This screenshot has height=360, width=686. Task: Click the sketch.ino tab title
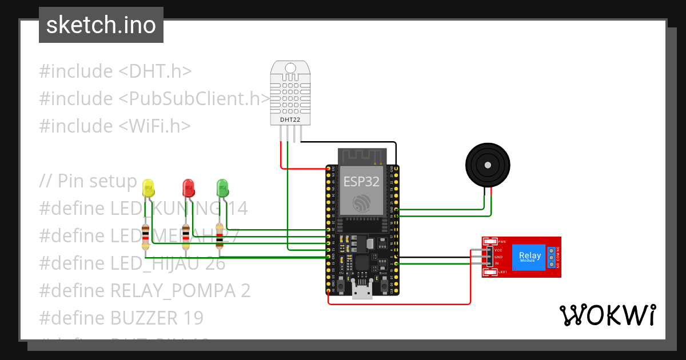point(101,25)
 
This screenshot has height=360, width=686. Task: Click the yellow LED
point(148,187)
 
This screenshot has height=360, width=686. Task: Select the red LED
point(188,187)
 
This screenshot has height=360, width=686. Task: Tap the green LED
point(222,187)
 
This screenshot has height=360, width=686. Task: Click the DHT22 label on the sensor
point(289,120)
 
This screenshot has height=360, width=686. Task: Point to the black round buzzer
point(487,165)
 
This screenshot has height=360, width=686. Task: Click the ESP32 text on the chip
point(361,181)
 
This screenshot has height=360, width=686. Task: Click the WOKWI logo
point(607,315)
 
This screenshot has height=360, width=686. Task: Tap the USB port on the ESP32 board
point(361,291)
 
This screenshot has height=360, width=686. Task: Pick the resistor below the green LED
point(220,235)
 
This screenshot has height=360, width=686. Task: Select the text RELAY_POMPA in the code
point(171,290)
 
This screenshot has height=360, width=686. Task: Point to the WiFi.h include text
point(154,126)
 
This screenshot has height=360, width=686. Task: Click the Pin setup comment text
point(97,181)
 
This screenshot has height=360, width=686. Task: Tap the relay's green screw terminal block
point(551,258)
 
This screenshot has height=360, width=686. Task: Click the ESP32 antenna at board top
point(361,155)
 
